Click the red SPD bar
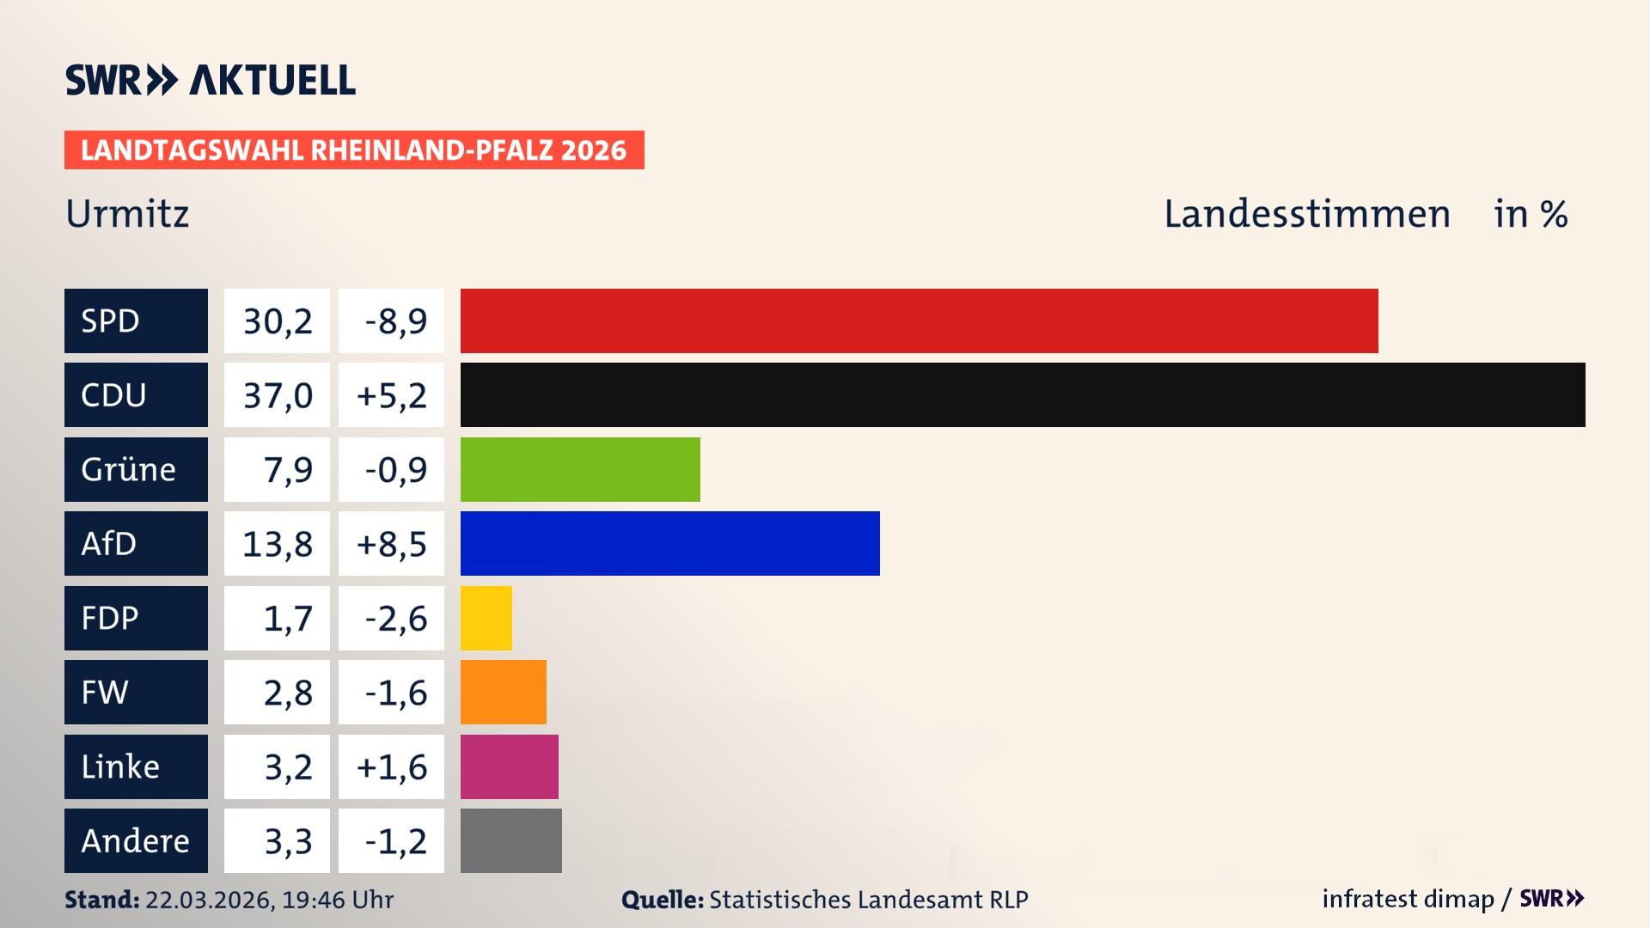point(919,321)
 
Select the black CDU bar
point(1023,395)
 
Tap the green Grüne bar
point(580,469)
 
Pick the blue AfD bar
point(669,543)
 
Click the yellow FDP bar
point(486,618)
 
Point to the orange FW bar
point(504,692)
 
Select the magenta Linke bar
point(510,766)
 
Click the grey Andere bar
point(511,840)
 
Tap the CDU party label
point(136,395)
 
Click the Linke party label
point(136,766)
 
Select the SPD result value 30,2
point(277,321)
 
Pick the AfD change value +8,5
point(391,544)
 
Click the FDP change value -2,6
point(391,619)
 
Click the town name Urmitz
point(127,213)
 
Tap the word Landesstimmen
point(1306,213)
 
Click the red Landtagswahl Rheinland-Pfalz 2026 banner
point(354,150)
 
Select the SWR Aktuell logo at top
point(211,80)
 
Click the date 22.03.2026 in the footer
point(209,900)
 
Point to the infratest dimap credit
point(1408,899)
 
